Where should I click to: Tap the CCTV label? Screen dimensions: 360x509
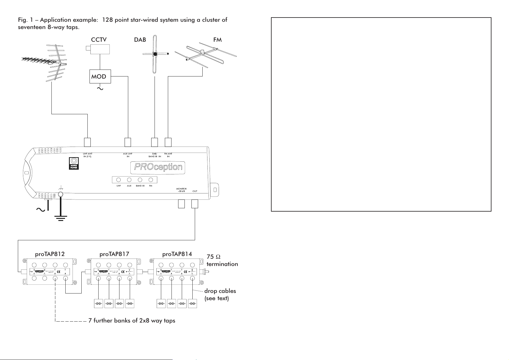pyautogui.click(x=99, y=40)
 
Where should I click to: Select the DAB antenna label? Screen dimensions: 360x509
pyautogui.click(x=140, y=40)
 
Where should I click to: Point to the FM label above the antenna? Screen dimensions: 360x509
pyautogui.click(x=217, y=40)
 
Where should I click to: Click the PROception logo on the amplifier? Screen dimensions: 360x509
pyautogui.click(x=158, y=167)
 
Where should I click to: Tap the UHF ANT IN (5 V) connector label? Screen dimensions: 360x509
pyautogui.click(x=87, y=155)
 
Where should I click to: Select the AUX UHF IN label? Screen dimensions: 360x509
pyautogui.click(x=128, y=155)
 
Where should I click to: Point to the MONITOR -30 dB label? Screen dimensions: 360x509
pyautogui.click(x=181, y=190)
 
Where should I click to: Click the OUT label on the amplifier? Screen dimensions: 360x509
pyautogui.click(x=195, y=191)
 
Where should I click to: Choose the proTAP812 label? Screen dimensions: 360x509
pyautogui.click(x=50, y=254)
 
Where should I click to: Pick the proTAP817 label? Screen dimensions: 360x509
pyautogui.click(x=114, y=254)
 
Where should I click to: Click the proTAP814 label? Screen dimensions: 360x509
pyautogui.click(x=177, y=254)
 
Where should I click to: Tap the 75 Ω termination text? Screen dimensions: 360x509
pyautogui.click(x=222, y=260)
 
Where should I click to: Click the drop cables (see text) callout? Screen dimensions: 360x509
pyautogui.click(x=220, y=294)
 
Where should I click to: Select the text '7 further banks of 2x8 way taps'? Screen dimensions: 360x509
pyautogui.click(x=132, y=320)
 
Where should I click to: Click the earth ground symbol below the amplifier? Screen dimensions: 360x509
pyautogui.click(x=61, y=217)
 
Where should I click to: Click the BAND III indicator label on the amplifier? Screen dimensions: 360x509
pyautogui.click(x=140, y=186)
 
